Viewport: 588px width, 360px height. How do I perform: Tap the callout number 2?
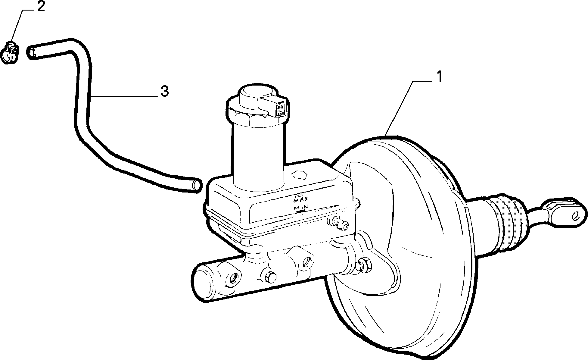(x=41, y=6)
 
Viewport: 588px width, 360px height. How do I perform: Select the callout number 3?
(x=164, y=91)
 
